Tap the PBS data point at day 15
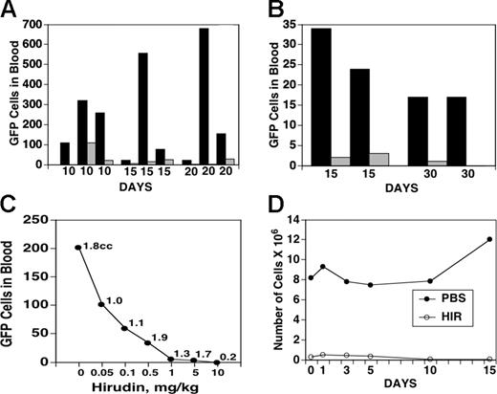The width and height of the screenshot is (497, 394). pos(488,239)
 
